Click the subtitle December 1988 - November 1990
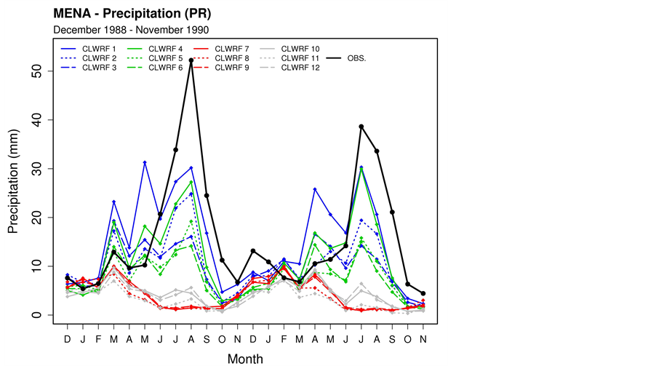click(x=132, y=30)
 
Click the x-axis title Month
click(x=245, y=359)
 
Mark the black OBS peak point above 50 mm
click(x=191, y=60)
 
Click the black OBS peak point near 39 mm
click(x=361, y=127)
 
